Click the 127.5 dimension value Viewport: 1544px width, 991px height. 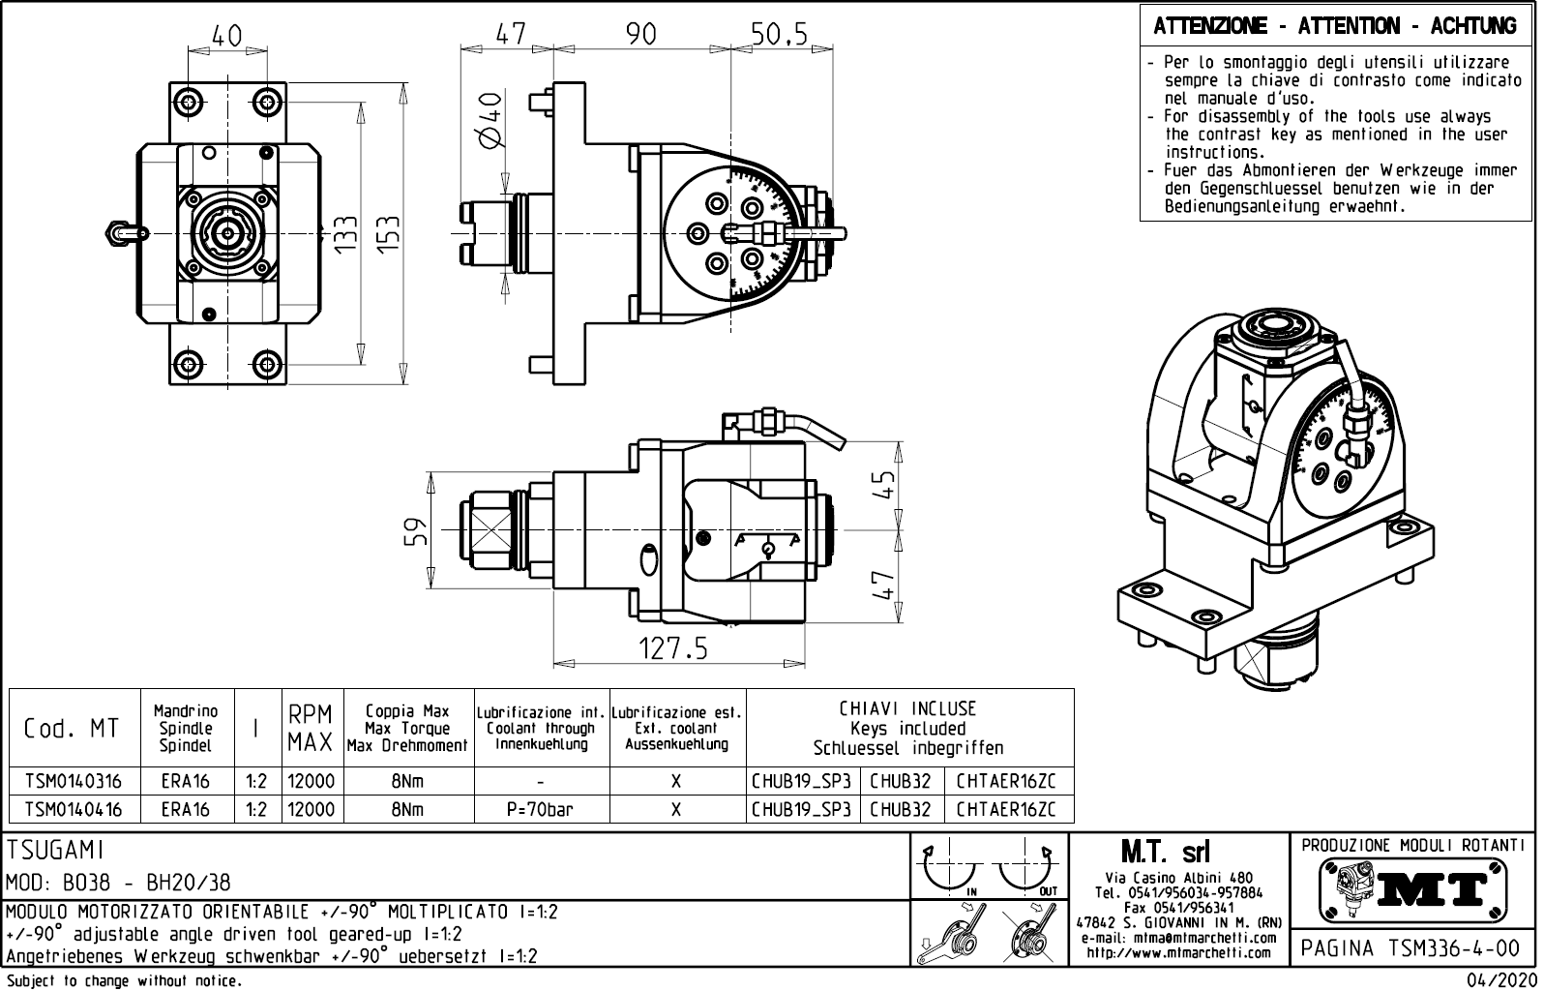[672, 648]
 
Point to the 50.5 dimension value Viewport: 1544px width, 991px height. [779, 35]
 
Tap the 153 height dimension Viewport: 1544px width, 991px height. [389, 233]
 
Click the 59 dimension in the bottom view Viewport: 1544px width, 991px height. [415, 531]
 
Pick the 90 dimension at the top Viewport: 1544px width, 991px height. [640, 35]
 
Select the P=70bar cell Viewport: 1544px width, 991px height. [540, 809]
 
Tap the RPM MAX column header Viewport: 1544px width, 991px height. [311, 729]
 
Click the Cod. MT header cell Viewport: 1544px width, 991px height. [72, 729]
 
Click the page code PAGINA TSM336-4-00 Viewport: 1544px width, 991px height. [1411, 947]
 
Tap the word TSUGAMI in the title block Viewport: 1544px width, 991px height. [55, 851]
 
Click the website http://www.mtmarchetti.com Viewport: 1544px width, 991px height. [1178, 952]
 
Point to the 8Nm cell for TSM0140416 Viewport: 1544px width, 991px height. [407, 809]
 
